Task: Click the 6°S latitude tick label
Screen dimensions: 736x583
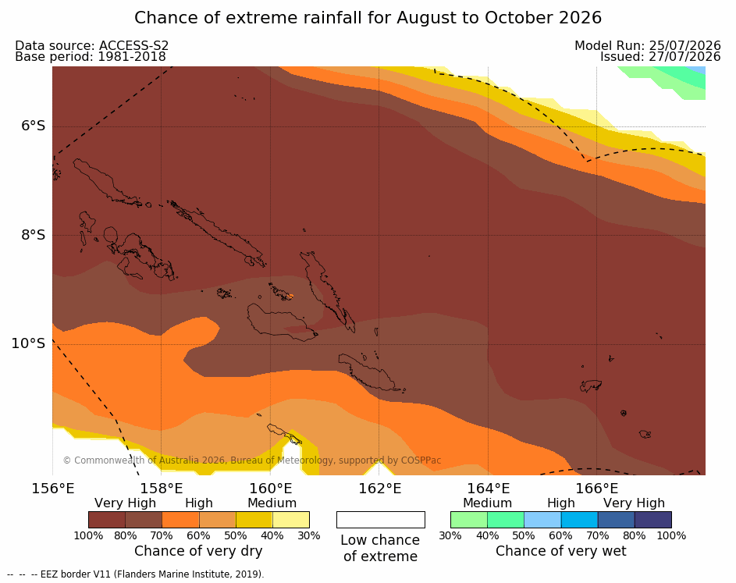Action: (x=34, y=126)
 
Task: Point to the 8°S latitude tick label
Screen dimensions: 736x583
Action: (x=34, y=235)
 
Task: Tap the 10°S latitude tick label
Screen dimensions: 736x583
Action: (x=29, y=343)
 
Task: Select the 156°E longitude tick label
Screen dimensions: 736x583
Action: (x=53, y=489)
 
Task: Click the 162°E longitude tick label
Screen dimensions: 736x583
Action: (x=380, y=489)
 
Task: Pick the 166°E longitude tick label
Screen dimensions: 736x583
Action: (x=597, y=489)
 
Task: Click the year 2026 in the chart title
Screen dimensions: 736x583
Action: (x=580, y=18)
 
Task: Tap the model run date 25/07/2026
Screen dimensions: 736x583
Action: (x=684, y=45)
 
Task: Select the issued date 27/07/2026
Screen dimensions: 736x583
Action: (x=684, y=57)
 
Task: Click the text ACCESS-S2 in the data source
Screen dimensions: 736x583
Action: (x=133, y=45)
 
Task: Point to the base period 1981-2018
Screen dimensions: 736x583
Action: (x=132, y=57)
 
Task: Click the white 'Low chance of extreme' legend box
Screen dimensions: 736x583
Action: (x=381, y=520)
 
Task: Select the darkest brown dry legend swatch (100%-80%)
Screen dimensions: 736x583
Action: (x=107, y=520)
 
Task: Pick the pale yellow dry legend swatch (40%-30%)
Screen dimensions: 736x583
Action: (x=291, y=520)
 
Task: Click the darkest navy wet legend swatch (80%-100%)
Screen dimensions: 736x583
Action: (x=653, y=520)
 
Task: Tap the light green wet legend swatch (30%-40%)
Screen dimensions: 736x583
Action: (x=469, y=520)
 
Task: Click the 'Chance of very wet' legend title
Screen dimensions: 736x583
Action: (x=561, y=551)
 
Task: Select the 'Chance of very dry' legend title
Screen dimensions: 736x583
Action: (x=198, y=551)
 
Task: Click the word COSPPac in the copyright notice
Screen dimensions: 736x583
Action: (x=421, y=460)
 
